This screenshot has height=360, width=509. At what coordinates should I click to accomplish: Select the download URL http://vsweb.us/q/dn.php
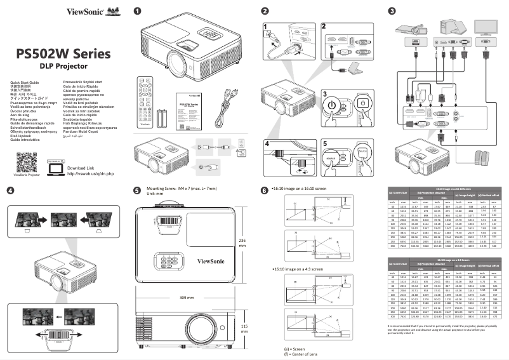90,156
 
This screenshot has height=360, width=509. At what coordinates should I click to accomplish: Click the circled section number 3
392,11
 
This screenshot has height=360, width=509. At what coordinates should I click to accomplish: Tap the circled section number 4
10,190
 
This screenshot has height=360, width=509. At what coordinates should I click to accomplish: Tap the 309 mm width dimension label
187,297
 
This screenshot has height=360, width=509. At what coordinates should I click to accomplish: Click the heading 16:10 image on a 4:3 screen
296,269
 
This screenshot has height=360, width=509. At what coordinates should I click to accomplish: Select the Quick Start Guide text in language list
25,83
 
